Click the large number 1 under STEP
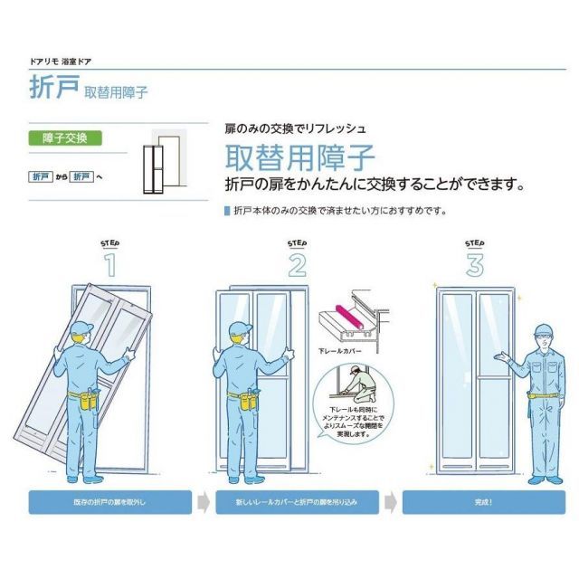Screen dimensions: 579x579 (110, 264)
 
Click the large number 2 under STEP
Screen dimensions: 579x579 (297, 264)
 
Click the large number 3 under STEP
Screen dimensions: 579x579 (475, 264)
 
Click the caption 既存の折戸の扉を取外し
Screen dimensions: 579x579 (110, 501)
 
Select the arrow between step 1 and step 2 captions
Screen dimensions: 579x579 (204, 501)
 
